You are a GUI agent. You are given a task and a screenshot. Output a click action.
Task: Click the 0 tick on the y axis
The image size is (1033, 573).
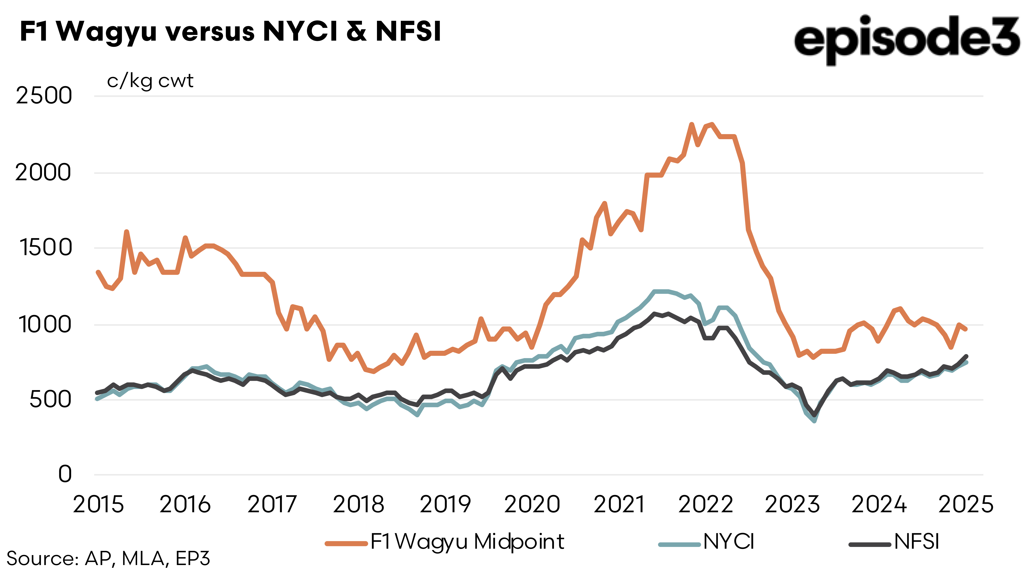(65, 474)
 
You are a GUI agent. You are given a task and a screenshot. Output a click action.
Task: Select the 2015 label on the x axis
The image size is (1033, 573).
(98, 505)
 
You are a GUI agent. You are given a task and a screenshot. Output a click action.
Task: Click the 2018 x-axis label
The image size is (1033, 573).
(358, 505)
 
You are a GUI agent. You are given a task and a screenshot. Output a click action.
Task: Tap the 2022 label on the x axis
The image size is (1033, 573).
(706, 505)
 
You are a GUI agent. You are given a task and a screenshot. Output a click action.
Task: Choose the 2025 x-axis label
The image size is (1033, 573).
(966, 505)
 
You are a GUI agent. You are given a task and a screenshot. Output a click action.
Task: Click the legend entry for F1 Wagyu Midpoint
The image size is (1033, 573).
(445, 542)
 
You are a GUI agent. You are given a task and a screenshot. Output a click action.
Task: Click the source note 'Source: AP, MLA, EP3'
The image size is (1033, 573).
(108, 559)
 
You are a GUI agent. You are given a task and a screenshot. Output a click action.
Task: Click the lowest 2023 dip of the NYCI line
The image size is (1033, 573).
(814, 421)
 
